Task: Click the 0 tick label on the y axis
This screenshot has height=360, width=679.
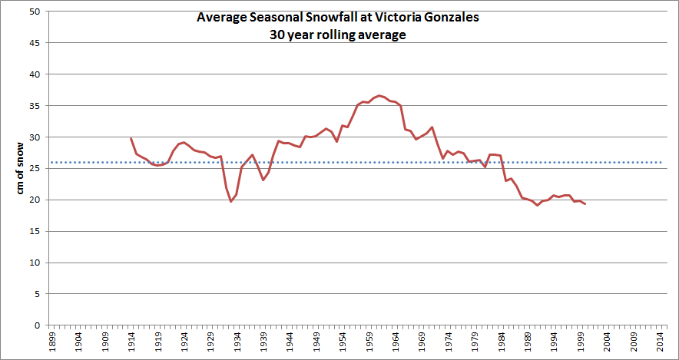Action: click(35, 325)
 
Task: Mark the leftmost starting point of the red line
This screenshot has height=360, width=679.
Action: click(131, 138)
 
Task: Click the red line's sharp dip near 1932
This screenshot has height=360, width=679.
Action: click(230, 201)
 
